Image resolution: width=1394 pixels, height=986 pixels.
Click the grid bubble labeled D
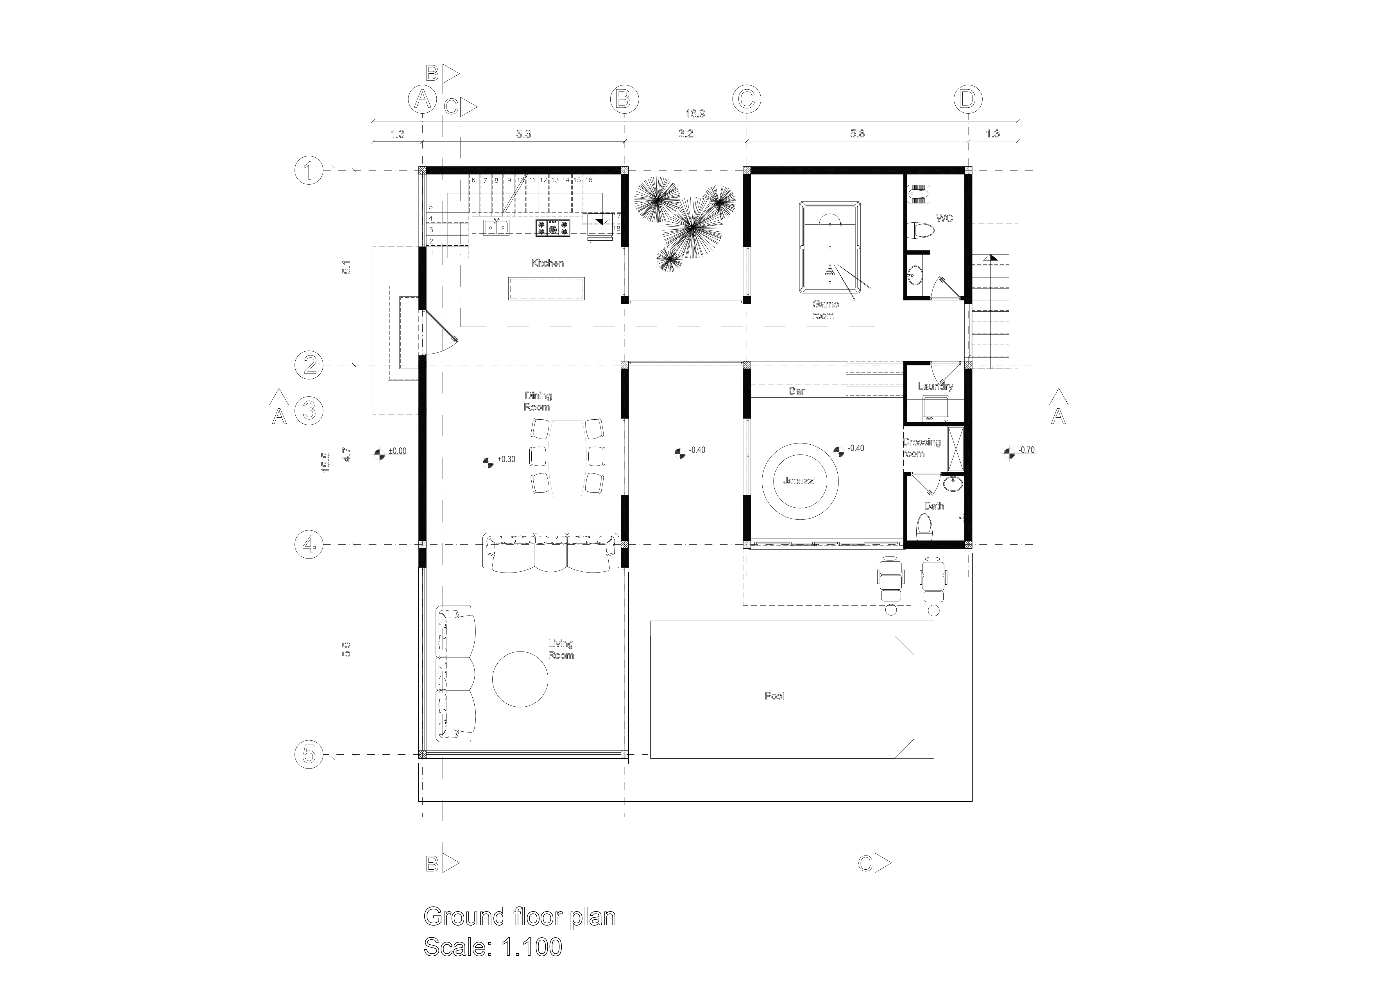(968, 99)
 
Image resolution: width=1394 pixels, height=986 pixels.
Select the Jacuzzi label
(800, 481)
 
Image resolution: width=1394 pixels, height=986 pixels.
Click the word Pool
(774, 696)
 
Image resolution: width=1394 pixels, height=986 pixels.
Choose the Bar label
(797, 391)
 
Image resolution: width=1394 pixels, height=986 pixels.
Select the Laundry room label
(935, 386)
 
